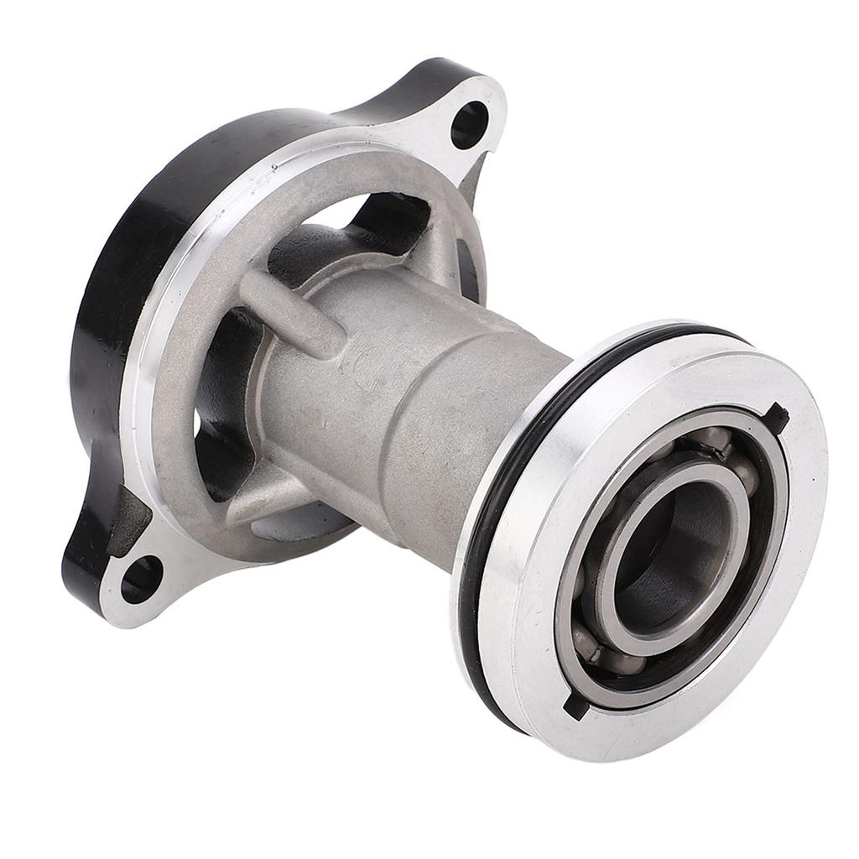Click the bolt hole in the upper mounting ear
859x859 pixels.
[x=469, y=124]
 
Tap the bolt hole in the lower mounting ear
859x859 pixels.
[x=140, y=579]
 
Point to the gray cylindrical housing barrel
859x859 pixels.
[x=419, y=394]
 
